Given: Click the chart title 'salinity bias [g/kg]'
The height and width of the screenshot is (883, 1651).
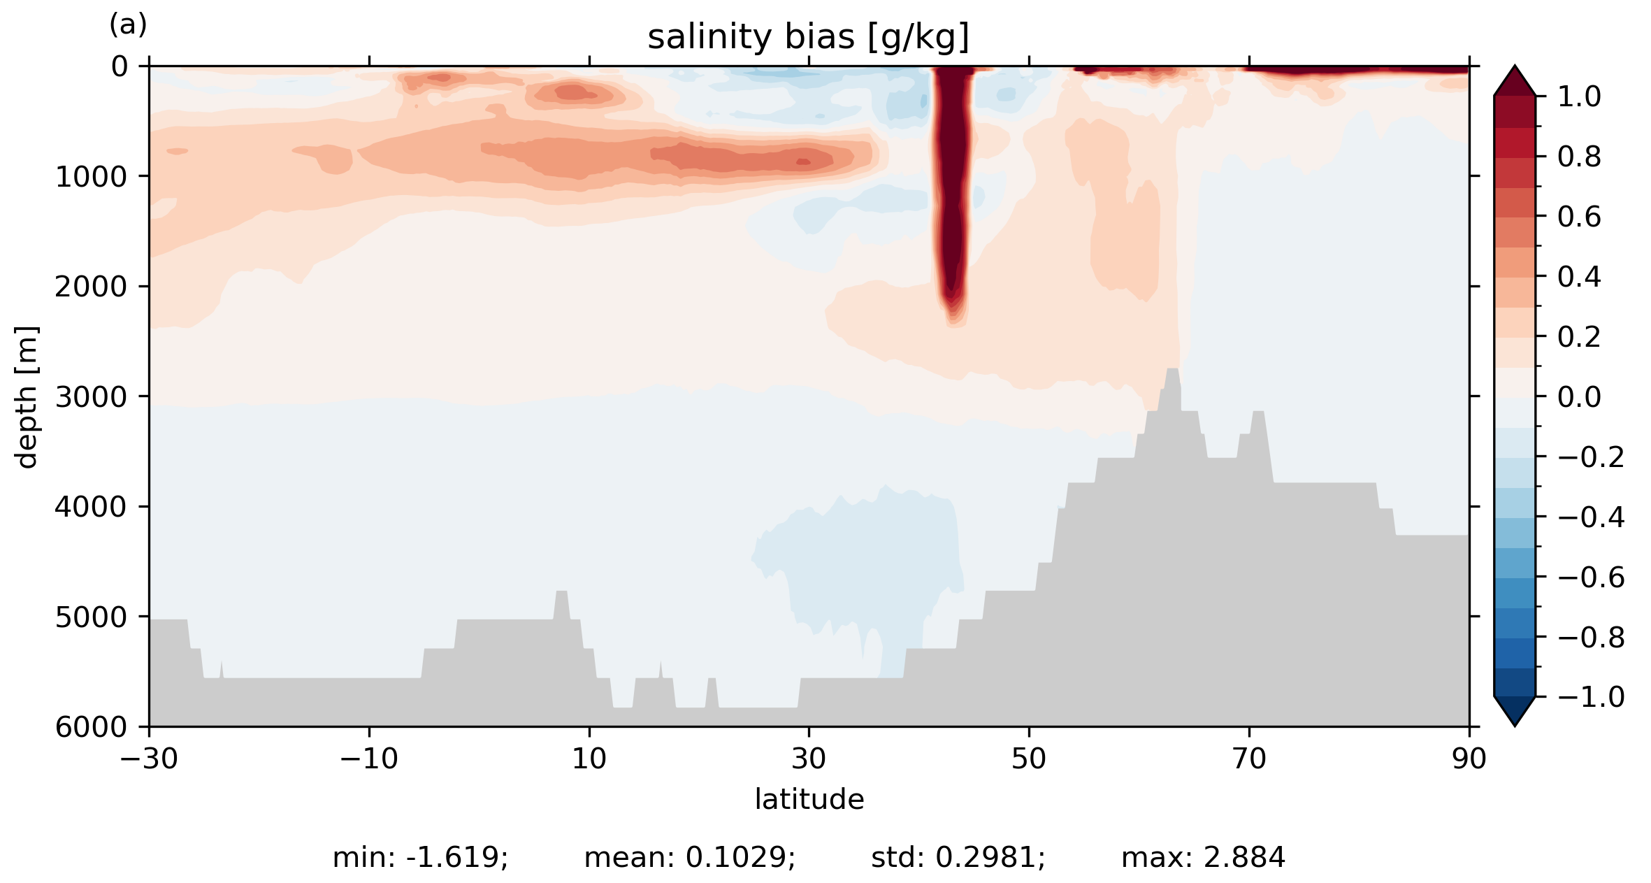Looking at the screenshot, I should [x=808, y=37].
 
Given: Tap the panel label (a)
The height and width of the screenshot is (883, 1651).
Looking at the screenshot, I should [x=128, y=25].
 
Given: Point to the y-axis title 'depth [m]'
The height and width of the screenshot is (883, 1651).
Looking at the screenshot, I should [x=27, y=396].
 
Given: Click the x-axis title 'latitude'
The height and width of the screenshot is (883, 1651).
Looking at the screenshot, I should [x=809, y=799].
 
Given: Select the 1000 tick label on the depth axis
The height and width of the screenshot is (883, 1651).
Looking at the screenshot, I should [x=91, y=177].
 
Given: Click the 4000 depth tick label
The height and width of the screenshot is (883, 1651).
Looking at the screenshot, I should [x=91, y=507].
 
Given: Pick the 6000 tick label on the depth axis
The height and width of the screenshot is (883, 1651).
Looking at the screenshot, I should [x=91, y=727].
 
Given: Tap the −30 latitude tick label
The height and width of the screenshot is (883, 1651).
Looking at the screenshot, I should [x=149, y=759].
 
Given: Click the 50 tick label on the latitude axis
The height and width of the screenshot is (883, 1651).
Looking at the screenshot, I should [x=1029, y=759].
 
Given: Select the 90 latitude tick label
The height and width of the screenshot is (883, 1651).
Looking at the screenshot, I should [x=1469, y=759].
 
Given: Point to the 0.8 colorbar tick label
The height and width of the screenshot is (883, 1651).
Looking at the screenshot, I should [x=1579, y=157].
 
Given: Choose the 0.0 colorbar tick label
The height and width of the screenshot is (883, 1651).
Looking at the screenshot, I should [x=1579, y=397].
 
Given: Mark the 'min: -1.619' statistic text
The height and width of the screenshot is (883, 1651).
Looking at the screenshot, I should [x=420, y=858].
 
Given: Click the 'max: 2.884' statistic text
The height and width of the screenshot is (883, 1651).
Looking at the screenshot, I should [x=1203, y=858].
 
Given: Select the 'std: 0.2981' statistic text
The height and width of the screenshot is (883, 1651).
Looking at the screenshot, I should [x=958, y=858].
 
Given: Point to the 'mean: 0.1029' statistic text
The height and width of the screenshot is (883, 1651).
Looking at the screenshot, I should [x=689, y=858].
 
